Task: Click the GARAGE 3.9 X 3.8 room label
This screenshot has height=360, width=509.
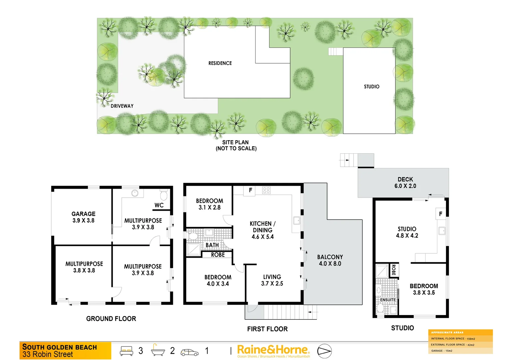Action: [83, 217]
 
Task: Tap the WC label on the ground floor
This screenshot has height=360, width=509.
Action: [159, 205]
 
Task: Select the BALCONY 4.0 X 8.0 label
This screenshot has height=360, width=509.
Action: [330, 260]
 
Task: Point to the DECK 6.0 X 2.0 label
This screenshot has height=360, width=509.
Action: [405, 183]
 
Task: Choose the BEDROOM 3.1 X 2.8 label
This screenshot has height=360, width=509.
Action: [210, 204]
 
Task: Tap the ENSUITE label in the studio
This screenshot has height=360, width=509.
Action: [388, 300]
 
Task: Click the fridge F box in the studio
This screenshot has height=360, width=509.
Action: [441, 214]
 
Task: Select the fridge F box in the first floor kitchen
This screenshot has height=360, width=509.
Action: [250, 190]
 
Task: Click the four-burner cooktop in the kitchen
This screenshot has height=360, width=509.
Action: [266, 190]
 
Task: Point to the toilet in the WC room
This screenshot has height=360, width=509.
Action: [164, 195]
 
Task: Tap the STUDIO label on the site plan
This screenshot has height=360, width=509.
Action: [371, 87]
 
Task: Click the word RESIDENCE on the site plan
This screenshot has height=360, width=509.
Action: [220, 63]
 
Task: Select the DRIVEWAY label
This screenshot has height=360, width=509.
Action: [122, 106]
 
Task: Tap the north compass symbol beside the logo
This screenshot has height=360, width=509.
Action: [324, 351]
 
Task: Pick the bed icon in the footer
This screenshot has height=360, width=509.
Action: [127, 351]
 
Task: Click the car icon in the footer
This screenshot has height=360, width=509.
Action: [189, 352]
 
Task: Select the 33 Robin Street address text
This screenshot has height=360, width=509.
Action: [48, 354]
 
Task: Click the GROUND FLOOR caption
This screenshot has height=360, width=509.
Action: [111, 319]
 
